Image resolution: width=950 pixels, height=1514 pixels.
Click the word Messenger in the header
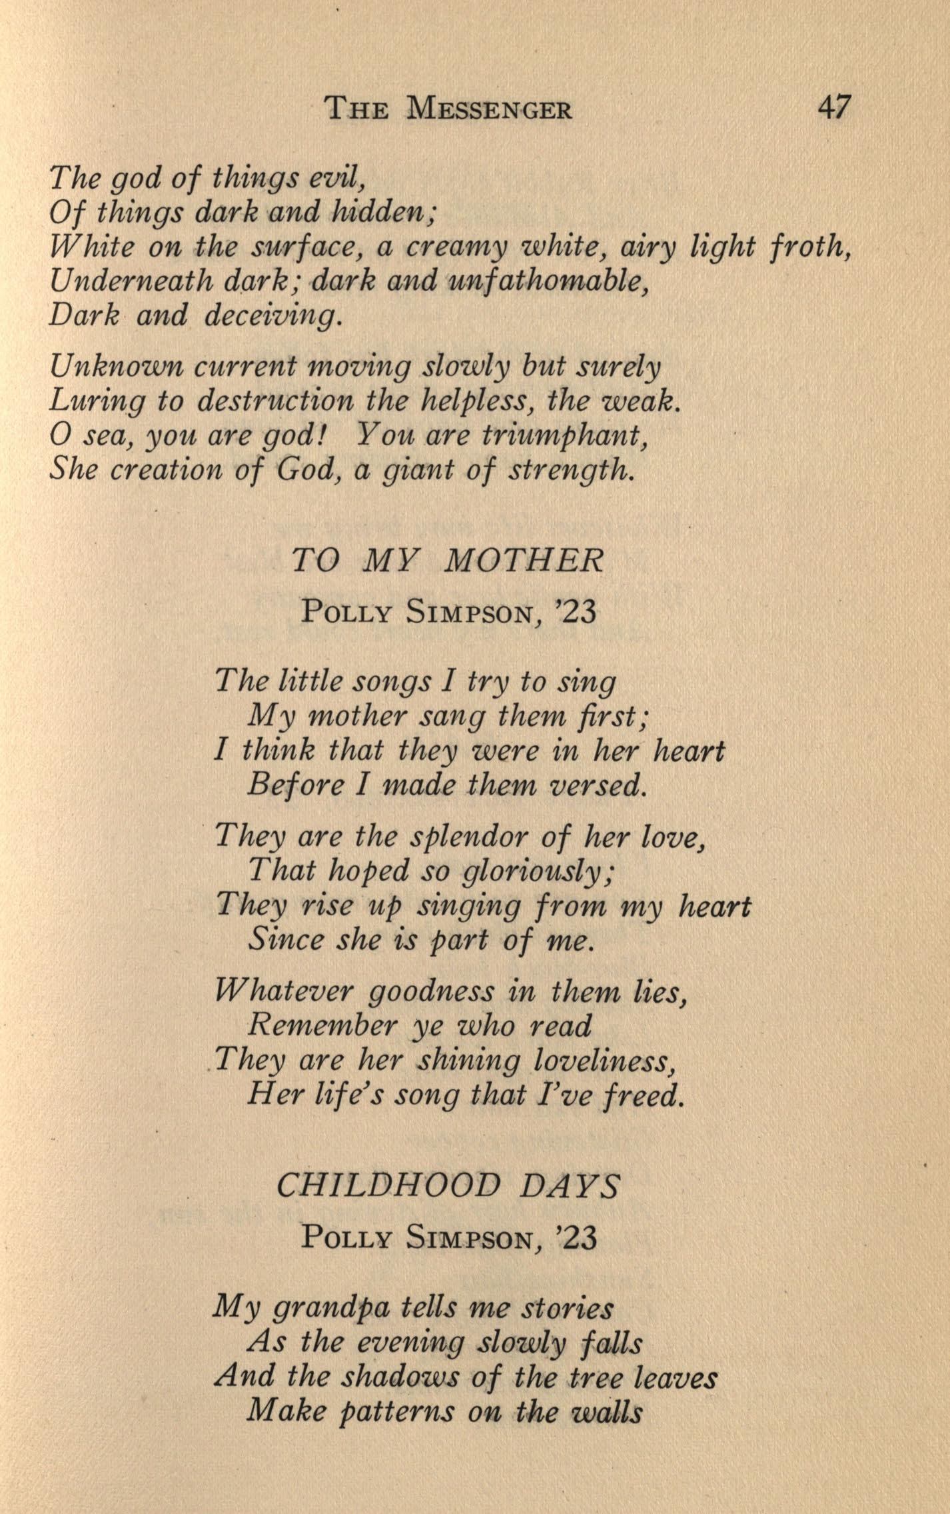coord(490,108)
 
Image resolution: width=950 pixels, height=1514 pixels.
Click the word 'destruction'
coord(276,401)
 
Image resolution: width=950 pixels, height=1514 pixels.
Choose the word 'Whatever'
coord(286,993)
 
